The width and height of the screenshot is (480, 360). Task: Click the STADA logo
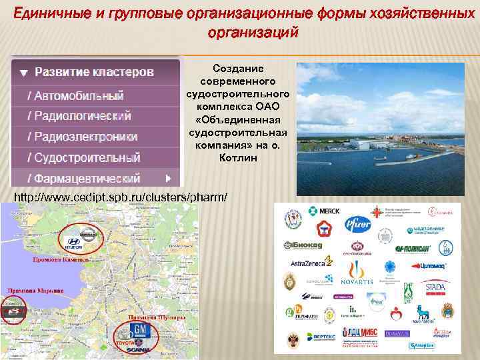(434, 289)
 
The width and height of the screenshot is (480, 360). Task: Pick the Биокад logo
(305, 244)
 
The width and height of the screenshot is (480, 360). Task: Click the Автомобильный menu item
(75, 95)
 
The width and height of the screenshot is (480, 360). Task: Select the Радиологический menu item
(79, 115)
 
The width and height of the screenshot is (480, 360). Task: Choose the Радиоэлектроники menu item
(82, 137)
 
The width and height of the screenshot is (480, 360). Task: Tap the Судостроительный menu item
(83, 158)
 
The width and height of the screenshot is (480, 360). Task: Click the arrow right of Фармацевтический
(169, 179)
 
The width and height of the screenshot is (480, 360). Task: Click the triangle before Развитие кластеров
(23, 72)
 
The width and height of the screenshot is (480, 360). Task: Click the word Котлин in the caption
(238, 158)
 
